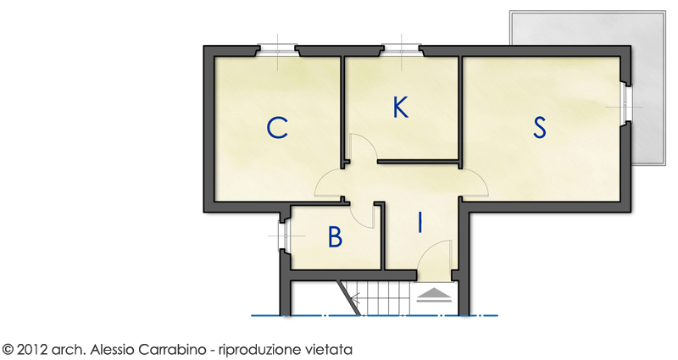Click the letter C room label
point(277,128)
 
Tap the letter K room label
point(401,108)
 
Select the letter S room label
point(539,128)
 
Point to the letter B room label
point(335,237)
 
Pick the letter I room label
point(420,223)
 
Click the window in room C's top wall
point(277,51)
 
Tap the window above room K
point(402,51)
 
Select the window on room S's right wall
point(625,104)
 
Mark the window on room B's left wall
point(286,236)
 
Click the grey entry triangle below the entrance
point(435,295)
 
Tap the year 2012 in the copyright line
point(32,349)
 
